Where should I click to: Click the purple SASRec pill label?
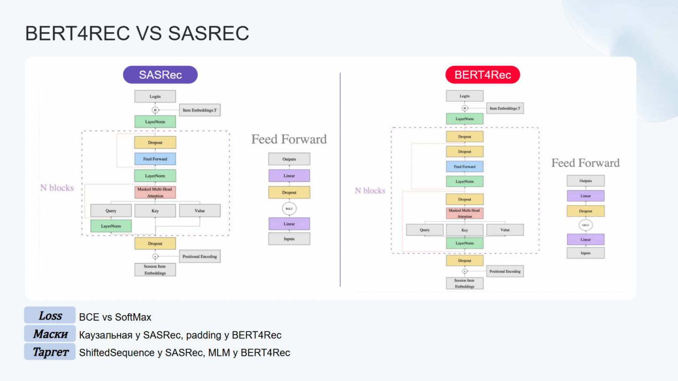(160, 75)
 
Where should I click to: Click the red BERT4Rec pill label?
(482, 75)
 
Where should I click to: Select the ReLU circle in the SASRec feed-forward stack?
(289, 209)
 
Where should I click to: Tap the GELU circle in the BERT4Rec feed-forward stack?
(585, 225)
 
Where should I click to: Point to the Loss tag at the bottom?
(50, 316)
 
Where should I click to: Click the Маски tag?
(50, 334)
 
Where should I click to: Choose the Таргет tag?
(50, 352)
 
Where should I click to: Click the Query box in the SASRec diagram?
(111, 211)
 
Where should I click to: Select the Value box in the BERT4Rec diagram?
(505, 230)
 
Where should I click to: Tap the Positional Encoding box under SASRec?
(199, 256)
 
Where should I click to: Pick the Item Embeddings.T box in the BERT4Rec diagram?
(505, 108)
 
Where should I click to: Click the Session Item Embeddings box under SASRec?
(155, 270)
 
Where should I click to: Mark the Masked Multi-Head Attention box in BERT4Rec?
(464, 213)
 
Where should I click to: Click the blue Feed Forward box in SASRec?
(155, 159)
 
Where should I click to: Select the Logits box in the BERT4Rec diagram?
(464, 96)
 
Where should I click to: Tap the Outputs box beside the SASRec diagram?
(289, 159)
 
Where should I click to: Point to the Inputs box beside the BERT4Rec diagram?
(585, 253)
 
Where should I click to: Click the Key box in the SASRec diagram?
(155, 211)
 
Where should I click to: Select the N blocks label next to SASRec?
(57, 188)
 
